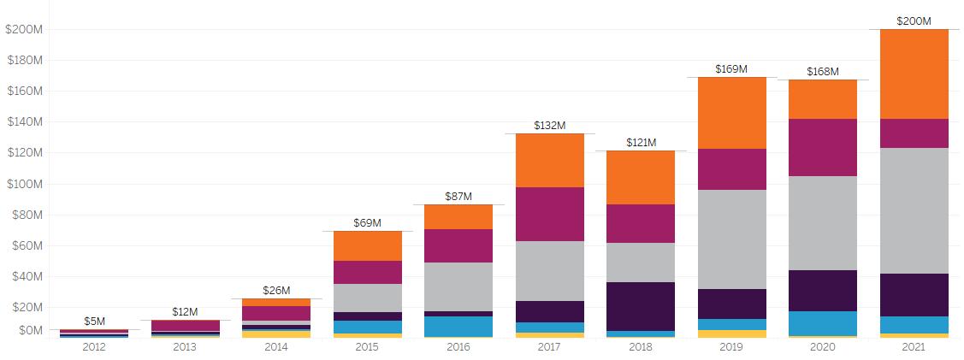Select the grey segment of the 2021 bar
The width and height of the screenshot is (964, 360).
[914, 210]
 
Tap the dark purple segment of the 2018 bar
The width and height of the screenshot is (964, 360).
[641, 306]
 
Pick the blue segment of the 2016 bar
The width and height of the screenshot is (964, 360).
[458, 326]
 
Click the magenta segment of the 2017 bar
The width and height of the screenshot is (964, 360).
[549, 214]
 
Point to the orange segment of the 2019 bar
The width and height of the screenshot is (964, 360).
[731, 113]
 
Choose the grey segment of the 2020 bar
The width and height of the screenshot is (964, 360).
[823, 222]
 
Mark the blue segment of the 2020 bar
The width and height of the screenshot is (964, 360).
[823, 323]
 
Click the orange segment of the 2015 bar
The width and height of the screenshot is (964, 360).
[367, 245]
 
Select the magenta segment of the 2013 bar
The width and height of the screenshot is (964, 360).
[185, 326]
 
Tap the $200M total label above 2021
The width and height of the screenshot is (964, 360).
[914, 21]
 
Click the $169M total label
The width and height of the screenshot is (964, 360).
[731, 68]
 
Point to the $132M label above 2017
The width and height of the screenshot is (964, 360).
[549, 125]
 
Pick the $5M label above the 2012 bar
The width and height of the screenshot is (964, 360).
[94, 321]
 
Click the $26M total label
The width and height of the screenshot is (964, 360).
[276, 290]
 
